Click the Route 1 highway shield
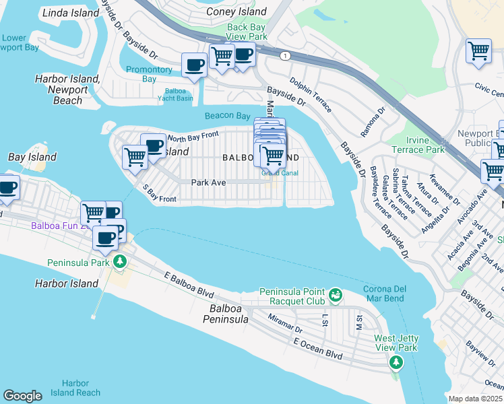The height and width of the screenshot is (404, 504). pos(287,56)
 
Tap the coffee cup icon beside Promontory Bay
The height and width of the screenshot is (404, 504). pos(195,65)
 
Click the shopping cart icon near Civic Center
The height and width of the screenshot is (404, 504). pos(478,50)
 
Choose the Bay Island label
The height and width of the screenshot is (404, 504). pos(32,157)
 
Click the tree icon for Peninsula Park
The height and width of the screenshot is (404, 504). pos(120,261)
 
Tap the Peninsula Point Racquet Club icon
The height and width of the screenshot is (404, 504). pos(335,294)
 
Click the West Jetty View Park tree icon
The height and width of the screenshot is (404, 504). pos(396,363)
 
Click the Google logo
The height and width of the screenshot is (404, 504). pos(22,396)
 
